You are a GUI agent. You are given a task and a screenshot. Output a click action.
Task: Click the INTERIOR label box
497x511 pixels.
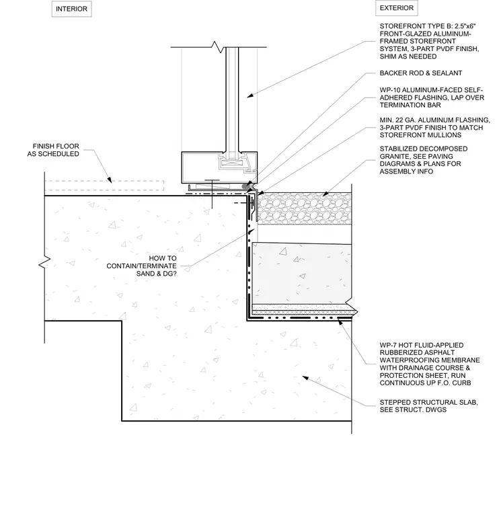(71, 9)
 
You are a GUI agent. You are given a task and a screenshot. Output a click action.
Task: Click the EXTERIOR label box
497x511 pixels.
(396, 8)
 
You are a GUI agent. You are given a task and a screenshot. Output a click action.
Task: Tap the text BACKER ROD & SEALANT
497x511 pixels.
(421, 73)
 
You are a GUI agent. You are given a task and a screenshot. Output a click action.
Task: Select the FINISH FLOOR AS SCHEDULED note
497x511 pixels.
(53, 150)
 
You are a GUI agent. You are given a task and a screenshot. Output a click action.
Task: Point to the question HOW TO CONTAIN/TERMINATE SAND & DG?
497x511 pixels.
(141, 266)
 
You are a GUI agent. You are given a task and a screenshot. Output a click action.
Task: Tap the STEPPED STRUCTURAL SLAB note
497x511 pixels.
(428, 406)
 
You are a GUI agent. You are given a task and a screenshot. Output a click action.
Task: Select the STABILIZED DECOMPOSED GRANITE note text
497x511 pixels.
(423, 160)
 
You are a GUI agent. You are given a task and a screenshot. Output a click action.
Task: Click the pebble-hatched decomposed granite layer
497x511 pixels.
(305, 208)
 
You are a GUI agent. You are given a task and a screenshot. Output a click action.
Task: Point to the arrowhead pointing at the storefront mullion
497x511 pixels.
(250, 95)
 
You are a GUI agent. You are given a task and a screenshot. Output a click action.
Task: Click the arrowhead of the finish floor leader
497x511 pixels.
(110, 180)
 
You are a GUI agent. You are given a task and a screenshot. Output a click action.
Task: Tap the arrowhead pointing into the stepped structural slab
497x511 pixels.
(305, 378)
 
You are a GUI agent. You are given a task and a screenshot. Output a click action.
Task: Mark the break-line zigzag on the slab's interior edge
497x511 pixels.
(44, 263)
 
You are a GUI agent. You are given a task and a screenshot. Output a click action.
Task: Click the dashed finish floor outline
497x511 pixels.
(104, 186)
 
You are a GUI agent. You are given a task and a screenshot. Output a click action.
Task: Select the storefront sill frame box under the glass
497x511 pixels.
(219, 167)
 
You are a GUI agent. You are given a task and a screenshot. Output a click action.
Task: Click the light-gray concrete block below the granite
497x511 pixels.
(302, 273)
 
